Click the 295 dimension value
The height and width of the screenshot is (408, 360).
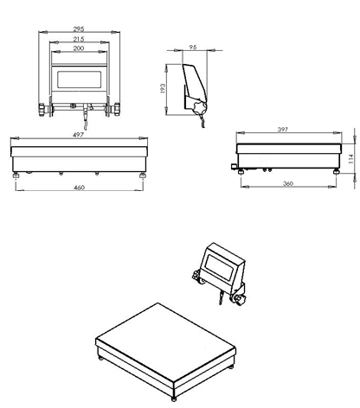click(x=79, y=29)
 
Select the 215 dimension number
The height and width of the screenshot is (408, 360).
click(x=79, y=39)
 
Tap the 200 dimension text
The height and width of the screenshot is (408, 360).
click(x=79, y=48)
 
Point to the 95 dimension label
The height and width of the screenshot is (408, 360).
click(x=193, y=48)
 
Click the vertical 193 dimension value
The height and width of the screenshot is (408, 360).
click(x=163, y=88)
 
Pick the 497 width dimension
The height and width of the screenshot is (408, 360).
click(x=78, y=135)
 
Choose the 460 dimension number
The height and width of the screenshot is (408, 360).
click(x=79, y=188)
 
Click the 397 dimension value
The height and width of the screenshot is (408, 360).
click(x=283, y=130)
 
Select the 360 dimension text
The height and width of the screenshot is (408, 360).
click(x=288, y=183)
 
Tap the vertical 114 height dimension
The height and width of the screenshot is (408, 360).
click(x=350, y=159)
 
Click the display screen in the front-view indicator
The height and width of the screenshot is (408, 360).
click(x=79, y=80)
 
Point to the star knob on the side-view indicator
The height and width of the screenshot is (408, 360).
click(x=201, y=107)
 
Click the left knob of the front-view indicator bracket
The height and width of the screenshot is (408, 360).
click(x=42, y=110)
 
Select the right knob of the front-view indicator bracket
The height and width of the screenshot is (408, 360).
click(x=117, y=109)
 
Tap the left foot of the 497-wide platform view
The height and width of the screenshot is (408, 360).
click(x=16, y=175)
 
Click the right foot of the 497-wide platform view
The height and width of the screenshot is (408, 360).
click(x=143, y=175)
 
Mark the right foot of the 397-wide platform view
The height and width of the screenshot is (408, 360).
click(x=337, y=172)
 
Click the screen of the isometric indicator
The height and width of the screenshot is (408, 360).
click(x=219, y=268)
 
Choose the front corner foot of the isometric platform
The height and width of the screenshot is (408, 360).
click(x=174, y=398)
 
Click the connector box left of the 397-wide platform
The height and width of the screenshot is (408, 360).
click(x=234, y=166)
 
